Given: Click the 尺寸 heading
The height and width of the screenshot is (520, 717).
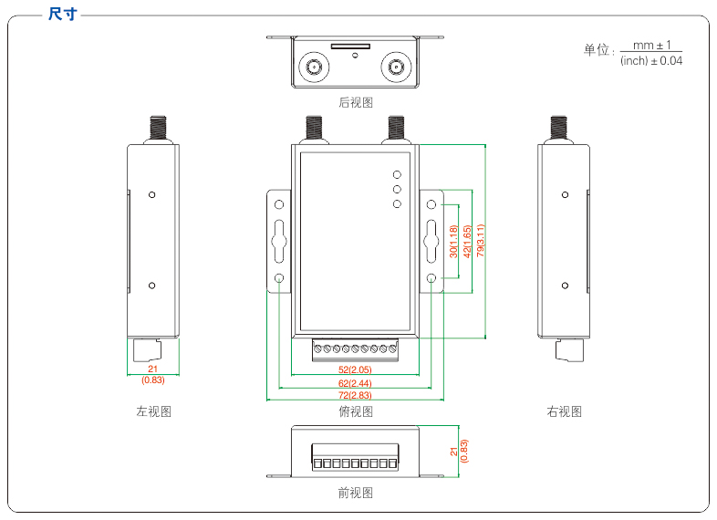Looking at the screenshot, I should [63, 15].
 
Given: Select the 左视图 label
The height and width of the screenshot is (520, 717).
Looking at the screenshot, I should [153, 411].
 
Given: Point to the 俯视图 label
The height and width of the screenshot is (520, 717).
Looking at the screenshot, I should [356, 411].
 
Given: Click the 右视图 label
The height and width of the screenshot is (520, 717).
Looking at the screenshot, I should [564, 411].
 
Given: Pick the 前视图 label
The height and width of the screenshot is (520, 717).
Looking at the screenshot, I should [356, 493].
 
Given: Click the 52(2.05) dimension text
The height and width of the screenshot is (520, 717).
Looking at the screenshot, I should [355, 369].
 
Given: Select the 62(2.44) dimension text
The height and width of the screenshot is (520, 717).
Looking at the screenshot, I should [355, 383].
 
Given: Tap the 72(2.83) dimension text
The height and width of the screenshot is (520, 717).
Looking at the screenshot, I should [355, 395].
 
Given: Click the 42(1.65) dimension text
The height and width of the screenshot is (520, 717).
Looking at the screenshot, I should [467, 241].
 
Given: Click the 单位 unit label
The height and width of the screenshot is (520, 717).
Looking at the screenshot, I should [597, 50].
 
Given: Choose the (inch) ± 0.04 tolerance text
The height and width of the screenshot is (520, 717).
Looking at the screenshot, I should [650, 61].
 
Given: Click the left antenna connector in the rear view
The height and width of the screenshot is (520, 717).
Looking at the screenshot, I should [315, 67].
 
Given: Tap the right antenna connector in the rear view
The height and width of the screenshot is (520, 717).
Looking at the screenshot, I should [397, 67].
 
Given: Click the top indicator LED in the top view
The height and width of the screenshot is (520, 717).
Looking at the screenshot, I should [397, 174].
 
